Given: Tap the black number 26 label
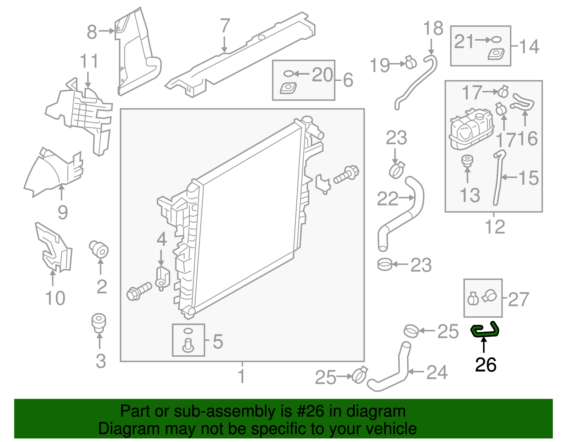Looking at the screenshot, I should tap(485, 365).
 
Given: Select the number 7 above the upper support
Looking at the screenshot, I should tap(225, 26).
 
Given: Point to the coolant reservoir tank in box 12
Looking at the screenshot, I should tap(471, 130).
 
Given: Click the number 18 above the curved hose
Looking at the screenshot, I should tap(433, 28).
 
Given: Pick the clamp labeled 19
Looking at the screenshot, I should tap(410, 63).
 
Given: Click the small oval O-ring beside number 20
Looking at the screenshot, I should tap(288, 74).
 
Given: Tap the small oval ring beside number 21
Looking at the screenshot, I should tap(497, 40).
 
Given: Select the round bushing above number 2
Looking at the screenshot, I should tap(99, 249).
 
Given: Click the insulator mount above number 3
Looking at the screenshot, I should tap(99, 321).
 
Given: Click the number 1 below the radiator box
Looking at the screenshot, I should tap(242, 376).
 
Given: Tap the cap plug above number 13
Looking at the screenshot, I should tap(467, 161).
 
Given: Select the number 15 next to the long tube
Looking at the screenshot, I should tap(528, 178).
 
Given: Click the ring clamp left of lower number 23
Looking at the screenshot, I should tap(384, 264).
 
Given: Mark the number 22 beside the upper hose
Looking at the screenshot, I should tap(387, 199).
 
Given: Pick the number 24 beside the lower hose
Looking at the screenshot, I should tap(437, 372).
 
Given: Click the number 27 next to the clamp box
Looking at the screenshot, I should tap(518, 299).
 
